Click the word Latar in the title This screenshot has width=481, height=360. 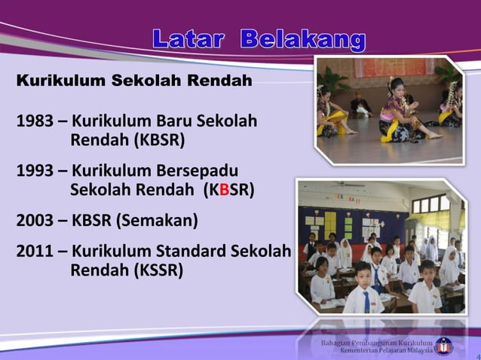pyautogui.click(x=188, y=38)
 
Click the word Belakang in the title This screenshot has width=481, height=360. pyautogui.click(x=303, y=38)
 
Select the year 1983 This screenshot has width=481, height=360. pyautogui.click(x=35, y=121)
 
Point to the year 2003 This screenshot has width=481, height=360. pyautogui.click(x=35, y=221)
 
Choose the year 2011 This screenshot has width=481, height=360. pyautogui.click(x=35, y=251)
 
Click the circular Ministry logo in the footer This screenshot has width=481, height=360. pyautogui.click(x=444, y=346)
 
